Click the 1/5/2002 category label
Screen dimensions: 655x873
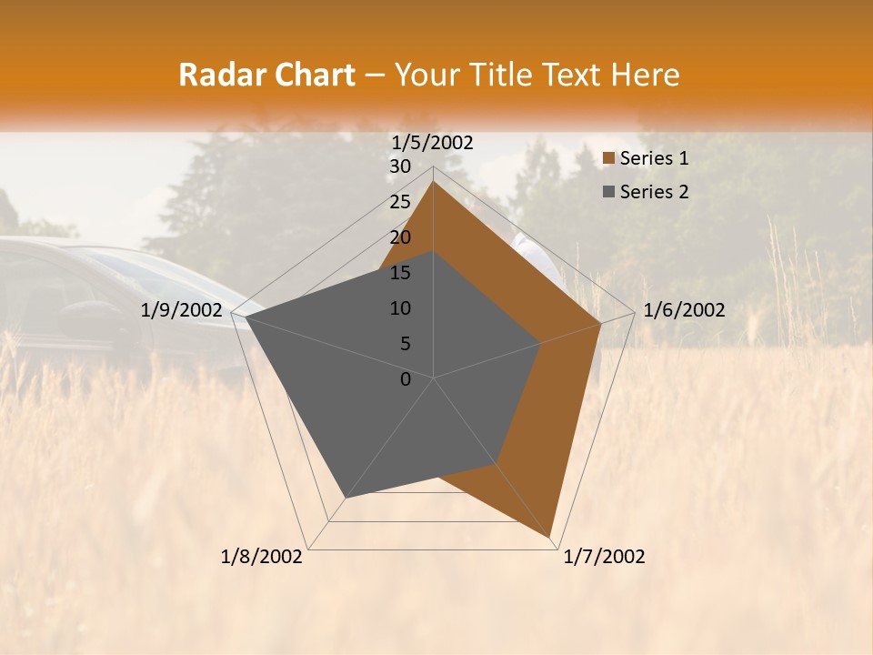pyautogui.click(x=433, y=143)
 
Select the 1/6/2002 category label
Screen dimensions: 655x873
pyautogui.click(x=684, y=311)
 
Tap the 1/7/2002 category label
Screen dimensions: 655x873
pyautogui.click(x=604, y=557)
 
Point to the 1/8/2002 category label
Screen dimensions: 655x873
pyautogui.click(x=262, y=557)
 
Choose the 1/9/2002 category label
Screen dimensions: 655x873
pyautogui.click(x=182, y=311)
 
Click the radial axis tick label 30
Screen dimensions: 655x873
pyautogui.click(x=400, y=166)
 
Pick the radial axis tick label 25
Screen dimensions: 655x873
pyautogui.click(x=400, y=202)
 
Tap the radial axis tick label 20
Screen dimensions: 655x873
pyautogui.click(x=400, y=237)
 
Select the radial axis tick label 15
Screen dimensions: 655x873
pyautogui.click(x=400, y=273)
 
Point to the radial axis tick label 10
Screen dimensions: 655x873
pyautogui.click(x=400, y=308)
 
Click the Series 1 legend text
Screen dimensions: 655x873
pyautogui.click(x=654, y=158)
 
